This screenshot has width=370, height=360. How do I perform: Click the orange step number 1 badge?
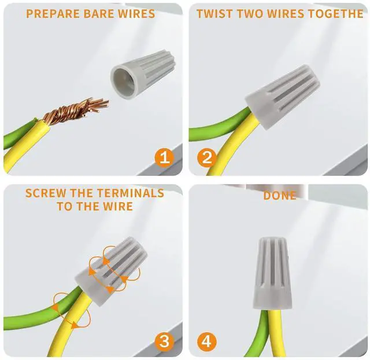pyautogui.click(x=164, y=158)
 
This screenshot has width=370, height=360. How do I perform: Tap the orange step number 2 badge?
pyautogui.click(x=207, y=158)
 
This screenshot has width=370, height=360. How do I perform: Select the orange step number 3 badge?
pyautogui.click(x=164, y=342)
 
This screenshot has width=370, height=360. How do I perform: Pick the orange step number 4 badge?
pyautogui.click(x=207, y=342)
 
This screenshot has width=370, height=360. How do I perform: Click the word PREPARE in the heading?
pyautogui.click(x=53, y=14)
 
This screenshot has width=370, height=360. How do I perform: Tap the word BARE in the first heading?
pyautogui.click(x=99, y=14)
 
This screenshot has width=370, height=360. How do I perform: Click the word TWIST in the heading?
pyautogui.click(x=215, y=14)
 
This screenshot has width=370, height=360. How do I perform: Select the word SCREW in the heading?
pyautogui.click(x=46, y=193)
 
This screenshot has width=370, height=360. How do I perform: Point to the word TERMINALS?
pyautogui.click(x=131, y=193)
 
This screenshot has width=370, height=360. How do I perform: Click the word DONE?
pyautogui.click(x=280, y=195)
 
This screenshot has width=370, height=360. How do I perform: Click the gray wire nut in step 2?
pyautogui.click(x=283, y=97)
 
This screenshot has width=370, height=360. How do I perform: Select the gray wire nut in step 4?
pyautogui.click(x=272, y=274)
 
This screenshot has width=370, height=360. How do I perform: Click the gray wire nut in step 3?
pyautogui.click(x=111, y=271)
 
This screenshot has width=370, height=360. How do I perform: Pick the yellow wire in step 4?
pyautogui.click(x=276, y=333)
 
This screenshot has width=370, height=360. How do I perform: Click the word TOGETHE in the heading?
pyautogui.click(x=336, y=14)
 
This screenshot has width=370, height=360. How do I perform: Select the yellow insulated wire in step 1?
pyautogui.click(x=26, y=146)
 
